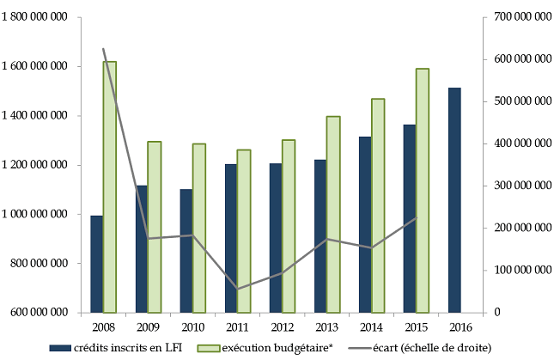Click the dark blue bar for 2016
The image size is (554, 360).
(454, 200)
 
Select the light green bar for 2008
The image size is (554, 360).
(110, 187)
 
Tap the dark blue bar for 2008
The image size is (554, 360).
(96, 264)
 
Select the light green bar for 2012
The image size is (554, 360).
(289, 226)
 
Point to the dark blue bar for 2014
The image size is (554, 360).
(364, 224)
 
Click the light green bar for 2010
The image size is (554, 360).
(199, 228)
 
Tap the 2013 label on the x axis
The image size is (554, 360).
(326, 326)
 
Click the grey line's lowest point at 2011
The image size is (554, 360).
(237, 289)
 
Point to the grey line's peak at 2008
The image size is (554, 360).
(103, 49)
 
